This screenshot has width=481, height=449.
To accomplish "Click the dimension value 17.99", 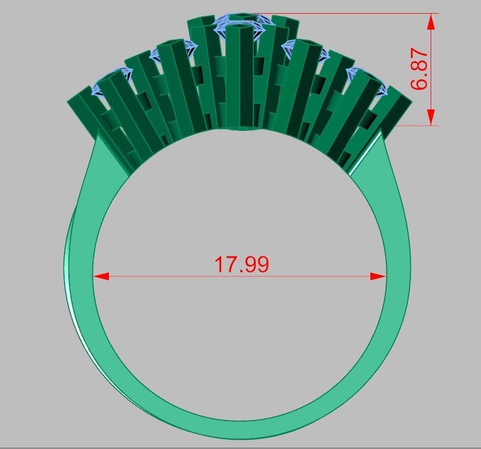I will pos(241,264).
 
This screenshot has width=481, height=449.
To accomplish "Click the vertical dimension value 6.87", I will pos(419,69).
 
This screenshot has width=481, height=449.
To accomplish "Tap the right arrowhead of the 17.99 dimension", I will pos(379,277).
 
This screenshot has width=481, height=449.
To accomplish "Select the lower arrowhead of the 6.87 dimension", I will pos(431,117).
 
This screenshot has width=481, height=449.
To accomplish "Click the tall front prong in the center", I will pos(240,77).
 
